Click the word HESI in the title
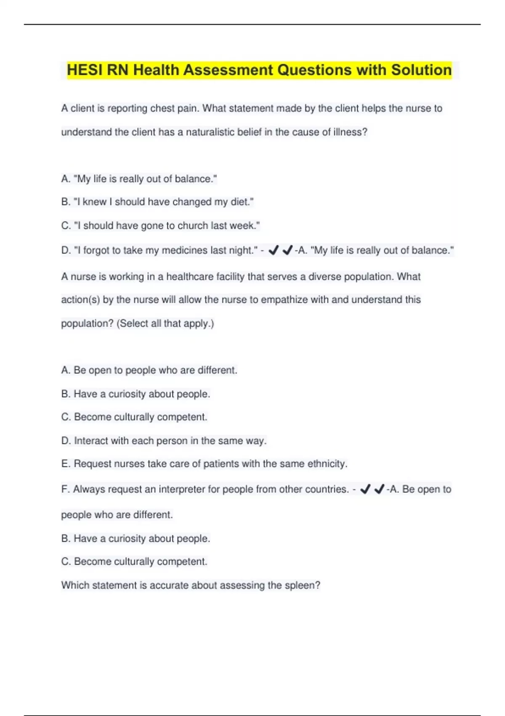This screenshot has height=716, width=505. (x=85, y=70)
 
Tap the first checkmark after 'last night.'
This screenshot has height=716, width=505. (x=273, y=251)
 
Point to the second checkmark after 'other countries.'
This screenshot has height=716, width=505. (x=379, y=489)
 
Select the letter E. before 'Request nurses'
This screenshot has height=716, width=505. (x=65, y=464)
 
